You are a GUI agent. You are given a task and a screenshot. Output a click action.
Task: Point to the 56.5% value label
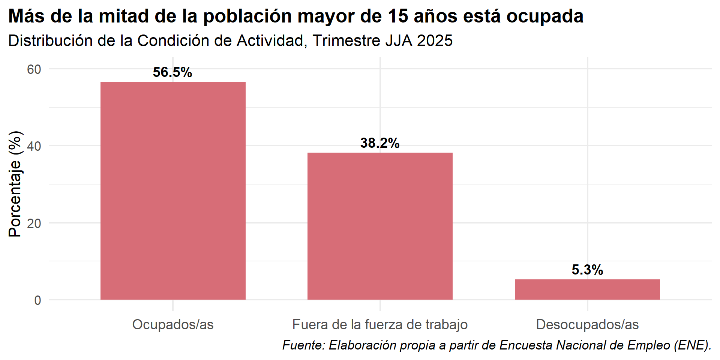[x=172, y=72]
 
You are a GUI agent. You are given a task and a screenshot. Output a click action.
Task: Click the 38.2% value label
[x=380, y=143]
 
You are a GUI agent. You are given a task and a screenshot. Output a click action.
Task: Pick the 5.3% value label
[x=587, y=270]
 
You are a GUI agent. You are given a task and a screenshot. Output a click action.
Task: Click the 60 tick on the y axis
[x=34, y=69]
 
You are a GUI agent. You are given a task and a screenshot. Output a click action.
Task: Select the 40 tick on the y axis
[x=34, y=146]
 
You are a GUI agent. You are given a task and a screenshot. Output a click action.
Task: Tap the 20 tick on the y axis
[x=34, y=223]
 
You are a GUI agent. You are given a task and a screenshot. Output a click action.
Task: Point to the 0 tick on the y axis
[x=37, y=300]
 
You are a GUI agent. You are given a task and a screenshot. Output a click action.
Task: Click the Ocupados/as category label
[x=173, y=324]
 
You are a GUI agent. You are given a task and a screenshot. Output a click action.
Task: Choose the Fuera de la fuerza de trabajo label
[x=380, y=324]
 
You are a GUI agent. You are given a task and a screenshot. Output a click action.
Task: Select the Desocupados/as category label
[x=587, y=324]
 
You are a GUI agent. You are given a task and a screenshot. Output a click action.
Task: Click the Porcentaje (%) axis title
[x=15, y=184]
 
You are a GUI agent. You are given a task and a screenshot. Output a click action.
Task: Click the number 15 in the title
[x=398, y=16]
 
